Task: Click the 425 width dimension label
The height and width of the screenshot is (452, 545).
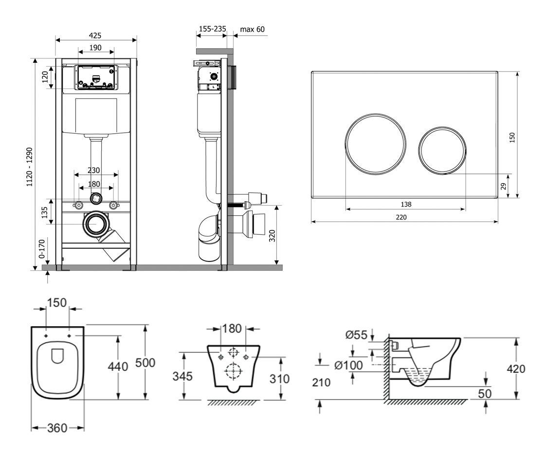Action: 95,35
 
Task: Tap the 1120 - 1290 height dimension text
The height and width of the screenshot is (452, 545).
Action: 30,167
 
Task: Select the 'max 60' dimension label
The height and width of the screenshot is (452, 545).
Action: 253,29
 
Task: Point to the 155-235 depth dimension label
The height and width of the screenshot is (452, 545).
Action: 212,29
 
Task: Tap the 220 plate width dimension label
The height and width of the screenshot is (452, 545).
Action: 401,217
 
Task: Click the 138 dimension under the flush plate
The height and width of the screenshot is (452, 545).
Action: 406,204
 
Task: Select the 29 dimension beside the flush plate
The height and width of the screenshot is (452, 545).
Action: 504,186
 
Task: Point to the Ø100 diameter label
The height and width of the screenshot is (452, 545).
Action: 348,365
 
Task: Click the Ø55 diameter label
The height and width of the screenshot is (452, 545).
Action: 356,335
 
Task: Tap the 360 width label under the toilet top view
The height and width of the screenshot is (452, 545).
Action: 57,428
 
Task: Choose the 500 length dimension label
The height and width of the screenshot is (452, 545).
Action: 145,363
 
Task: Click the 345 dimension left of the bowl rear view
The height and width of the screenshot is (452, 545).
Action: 182,376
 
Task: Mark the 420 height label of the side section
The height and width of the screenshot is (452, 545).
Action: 516,369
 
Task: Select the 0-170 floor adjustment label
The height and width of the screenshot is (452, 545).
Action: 42,248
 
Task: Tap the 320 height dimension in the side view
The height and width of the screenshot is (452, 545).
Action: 272,236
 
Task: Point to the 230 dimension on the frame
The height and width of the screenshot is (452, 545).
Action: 93,171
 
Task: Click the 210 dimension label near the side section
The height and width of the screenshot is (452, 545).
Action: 321,382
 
